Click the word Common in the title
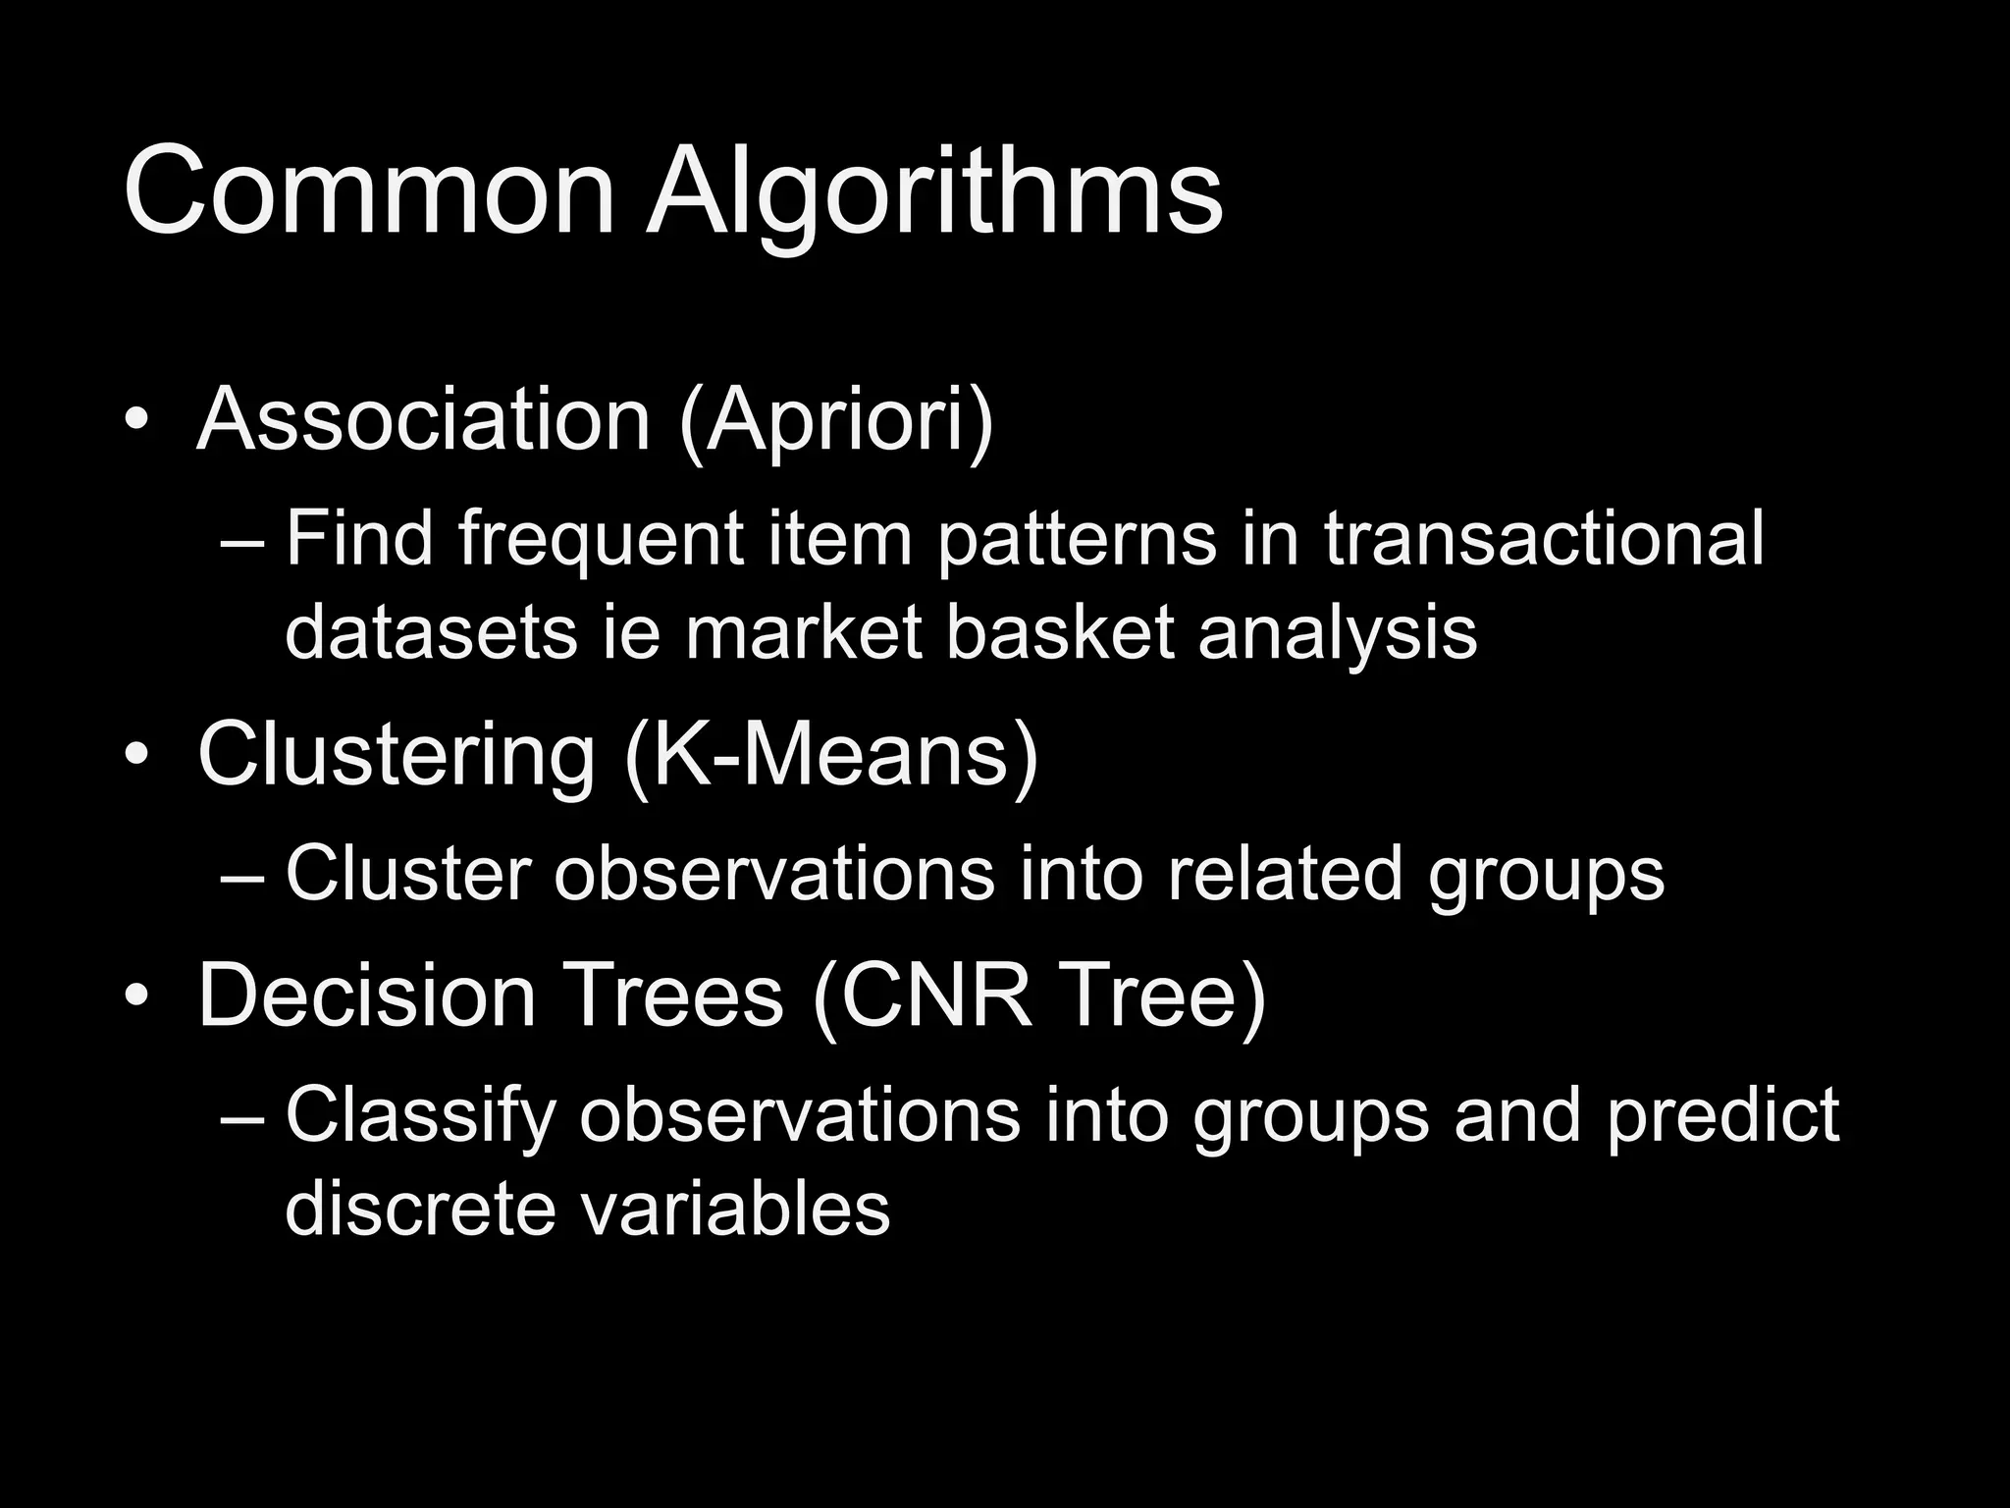pos(369,191)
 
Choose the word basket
pos(1060,632)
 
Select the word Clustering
pos(397,757)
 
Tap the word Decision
pos(367,996)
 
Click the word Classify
pos(421,1117)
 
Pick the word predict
pos(1722,1117)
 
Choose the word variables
pos(735,1208)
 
